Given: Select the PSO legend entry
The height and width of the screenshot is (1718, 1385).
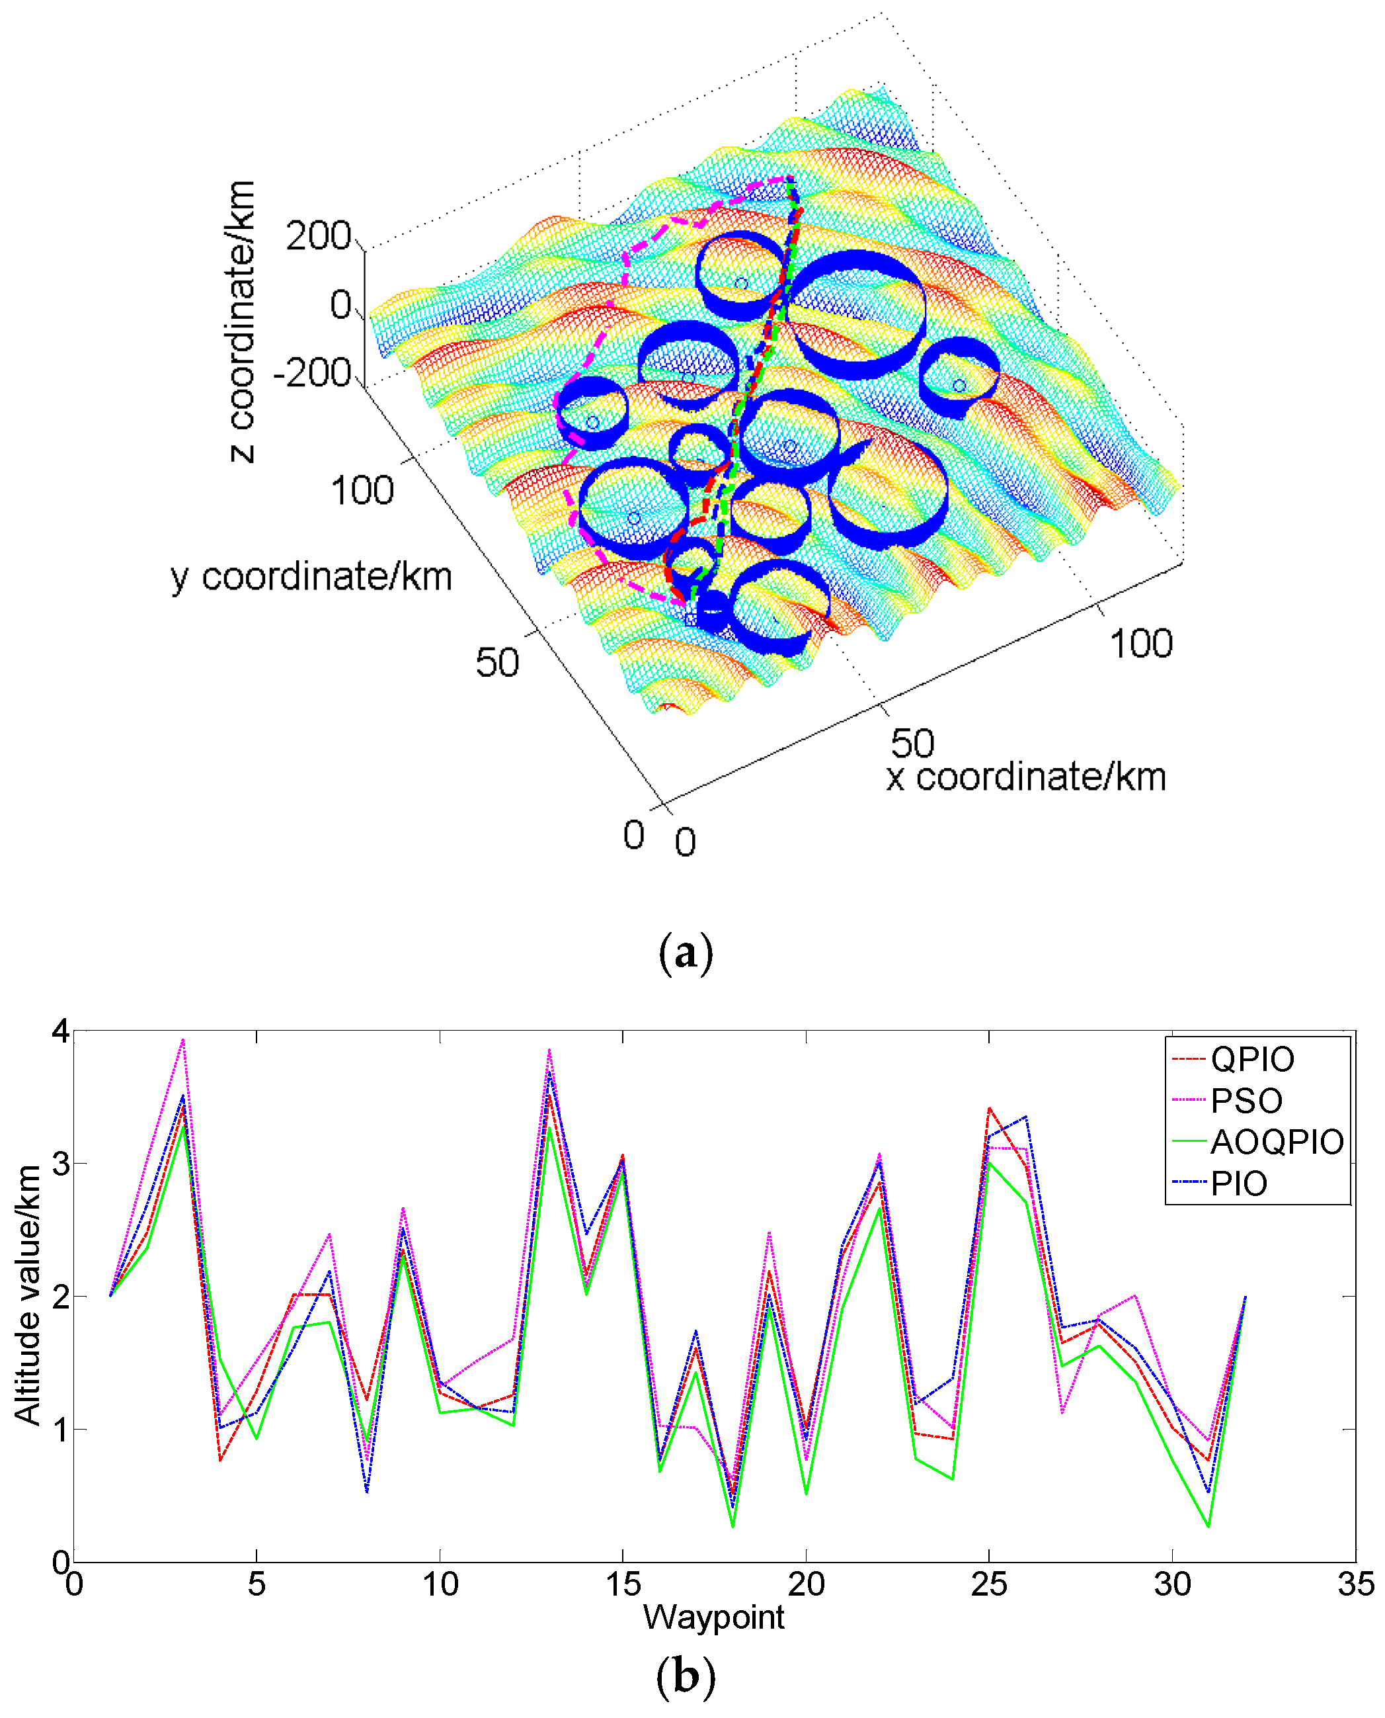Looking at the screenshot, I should (x=1246, y=1101).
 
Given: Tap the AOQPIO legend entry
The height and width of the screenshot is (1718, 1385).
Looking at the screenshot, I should (x=1276, y=1142).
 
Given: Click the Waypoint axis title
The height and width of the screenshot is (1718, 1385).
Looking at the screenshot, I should (x=713, y=1617).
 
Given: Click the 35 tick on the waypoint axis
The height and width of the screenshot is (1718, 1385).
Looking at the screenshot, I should (x=1355, y=1584).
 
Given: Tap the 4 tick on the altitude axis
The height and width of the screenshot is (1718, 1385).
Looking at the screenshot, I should (x=60, y=1031).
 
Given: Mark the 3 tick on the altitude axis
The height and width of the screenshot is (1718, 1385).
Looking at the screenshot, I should (x=60, y=1164).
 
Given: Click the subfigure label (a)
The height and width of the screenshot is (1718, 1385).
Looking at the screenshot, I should (x=686, y=953).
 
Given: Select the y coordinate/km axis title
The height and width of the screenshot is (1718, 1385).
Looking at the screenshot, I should (x=311, y=576).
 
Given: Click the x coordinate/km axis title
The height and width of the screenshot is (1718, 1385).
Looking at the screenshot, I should (x=1026, y=777).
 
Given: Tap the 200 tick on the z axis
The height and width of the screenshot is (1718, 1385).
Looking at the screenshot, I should (x=319, y=236).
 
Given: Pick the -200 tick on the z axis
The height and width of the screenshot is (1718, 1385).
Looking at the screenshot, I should (x=312, y=373).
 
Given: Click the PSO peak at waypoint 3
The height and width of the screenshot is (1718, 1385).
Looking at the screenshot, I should (x=182, y=1039).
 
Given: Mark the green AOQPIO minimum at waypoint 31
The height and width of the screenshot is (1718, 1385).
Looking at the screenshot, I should (x=1208, y=1526).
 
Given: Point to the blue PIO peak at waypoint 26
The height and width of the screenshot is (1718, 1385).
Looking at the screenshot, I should (x=1026, y=1117).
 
